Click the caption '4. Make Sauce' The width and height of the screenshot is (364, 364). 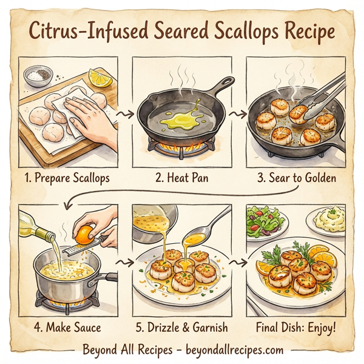pos(67,328)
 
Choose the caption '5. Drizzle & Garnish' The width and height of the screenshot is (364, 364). pos(181,328)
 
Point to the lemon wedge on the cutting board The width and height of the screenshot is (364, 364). pos(98,78)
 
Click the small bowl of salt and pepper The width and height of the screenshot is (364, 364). pos(38,76)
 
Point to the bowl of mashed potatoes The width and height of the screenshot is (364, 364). pos(328,219)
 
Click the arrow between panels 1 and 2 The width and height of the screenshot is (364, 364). pos(126,114)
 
